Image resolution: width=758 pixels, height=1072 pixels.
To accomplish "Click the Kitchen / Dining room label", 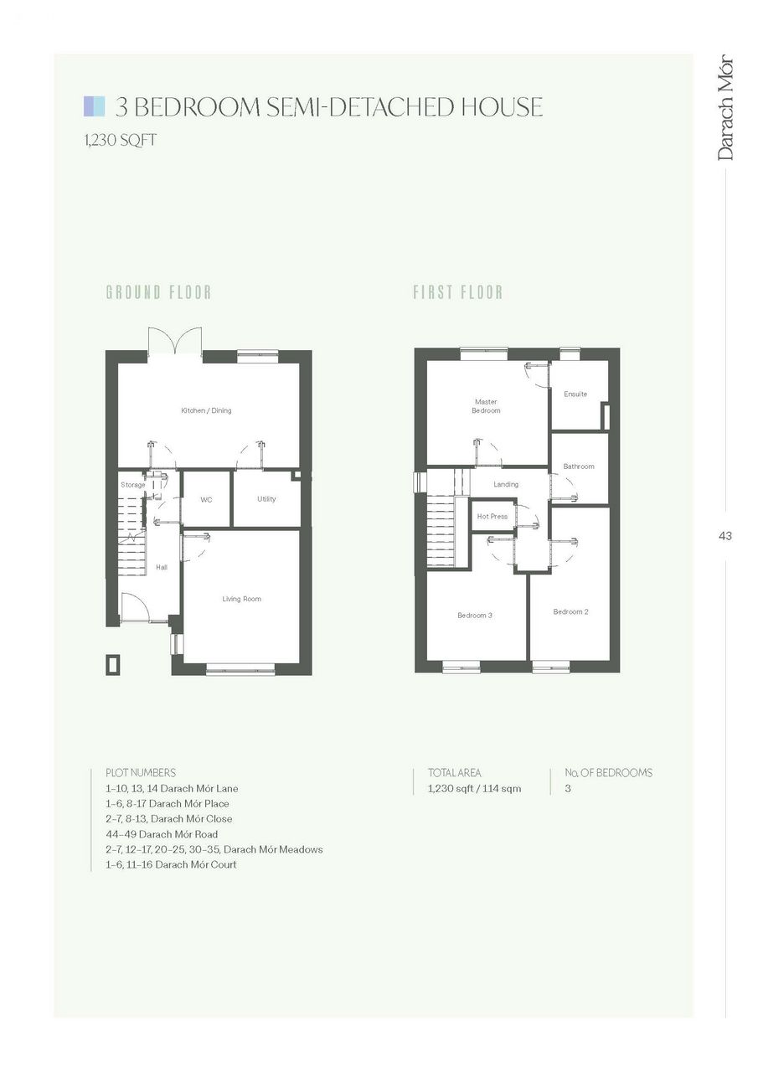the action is tap(206, 410).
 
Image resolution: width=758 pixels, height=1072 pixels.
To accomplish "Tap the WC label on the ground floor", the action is tap(206, 500).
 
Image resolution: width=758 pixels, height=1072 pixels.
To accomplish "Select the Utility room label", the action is tap(266, 498).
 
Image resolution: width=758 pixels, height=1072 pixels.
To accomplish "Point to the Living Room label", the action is tap(242, 599).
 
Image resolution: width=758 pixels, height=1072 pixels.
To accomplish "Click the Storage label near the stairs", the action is tap(132, 485).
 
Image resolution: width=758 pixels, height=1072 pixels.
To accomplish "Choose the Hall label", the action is tap(162, 568).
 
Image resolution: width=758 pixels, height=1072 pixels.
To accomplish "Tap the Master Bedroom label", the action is tap(486, 406).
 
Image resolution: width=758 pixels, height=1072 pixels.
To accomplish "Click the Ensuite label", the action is tap(575, 394).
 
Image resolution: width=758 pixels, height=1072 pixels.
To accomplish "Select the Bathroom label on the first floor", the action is tap(579, 466).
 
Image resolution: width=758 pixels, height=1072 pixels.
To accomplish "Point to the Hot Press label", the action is tap(492, 517).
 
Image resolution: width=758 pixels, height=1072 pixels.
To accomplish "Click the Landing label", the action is tap(506, 484).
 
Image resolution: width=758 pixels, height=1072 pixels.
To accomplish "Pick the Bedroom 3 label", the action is tap(475, 616).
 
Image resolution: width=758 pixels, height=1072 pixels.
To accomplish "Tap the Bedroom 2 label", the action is tap(571, 611).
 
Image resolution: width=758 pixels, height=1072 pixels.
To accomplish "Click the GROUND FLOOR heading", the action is tap(158, 292).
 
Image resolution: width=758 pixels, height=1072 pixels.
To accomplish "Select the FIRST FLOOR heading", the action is tap(458, 292).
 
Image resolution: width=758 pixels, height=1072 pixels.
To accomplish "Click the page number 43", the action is tap(725, 536).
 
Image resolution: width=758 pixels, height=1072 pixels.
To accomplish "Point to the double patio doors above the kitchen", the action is tap(175, 342).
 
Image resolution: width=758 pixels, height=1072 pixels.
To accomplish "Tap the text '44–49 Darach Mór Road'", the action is tap(162, 834).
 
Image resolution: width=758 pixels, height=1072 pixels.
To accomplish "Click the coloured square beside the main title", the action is tap(94, 106).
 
